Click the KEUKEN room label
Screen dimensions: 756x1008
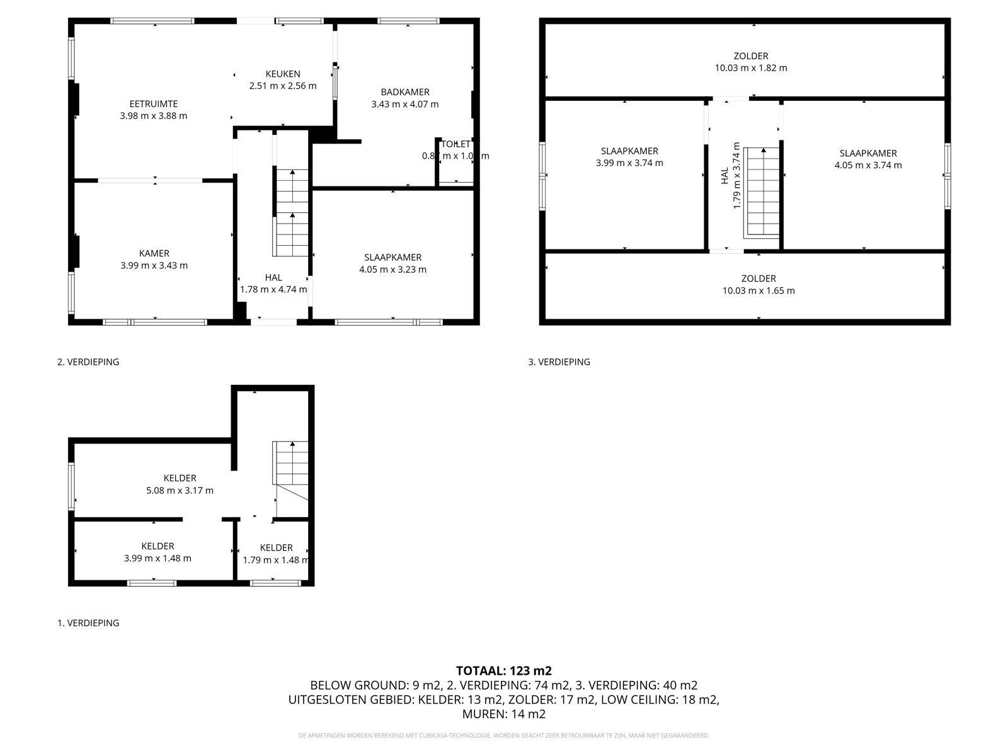click(x=283, y=74)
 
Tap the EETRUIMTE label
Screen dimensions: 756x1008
click(x=154, y=104)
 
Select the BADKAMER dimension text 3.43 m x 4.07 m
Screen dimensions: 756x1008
click(x=405, y=104)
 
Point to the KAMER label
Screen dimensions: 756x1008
click(x=154, y=253)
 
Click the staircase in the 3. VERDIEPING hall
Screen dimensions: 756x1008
click(x=762, y=193)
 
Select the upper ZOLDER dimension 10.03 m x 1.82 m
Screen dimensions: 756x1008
click(x=750, y=68)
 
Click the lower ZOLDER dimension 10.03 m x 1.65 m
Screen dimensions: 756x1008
click(x=758, y=290)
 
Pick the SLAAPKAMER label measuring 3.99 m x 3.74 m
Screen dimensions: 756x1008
click(x=629, y=151)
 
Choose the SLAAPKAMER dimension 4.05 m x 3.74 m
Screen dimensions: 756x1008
click(x=868, y=165)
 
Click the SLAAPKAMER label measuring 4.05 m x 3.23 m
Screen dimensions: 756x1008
click(x=392, y=257)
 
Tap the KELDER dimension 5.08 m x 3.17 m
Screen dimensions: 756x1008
click(x=180, y=490)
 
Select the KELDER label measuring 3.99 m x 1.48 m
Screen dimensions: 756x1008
click(x=157, y=546)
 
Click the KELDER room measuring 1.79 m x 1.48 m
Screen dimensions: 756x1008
click(x=276, y=553)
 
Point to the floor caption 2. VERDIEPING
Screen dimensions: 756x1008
click(x=88, y=362)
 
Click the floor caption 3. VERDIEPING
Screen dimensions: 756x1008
click(x=559, y=362)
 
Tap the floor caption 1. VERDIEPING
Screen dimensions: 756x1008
click(x=88, y=622)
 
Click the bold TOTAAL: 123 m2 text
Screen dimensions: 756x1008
click(x=503, y=671)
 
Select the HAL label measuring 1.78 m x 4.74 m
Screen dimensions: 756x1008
click(x=273, y=277)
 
